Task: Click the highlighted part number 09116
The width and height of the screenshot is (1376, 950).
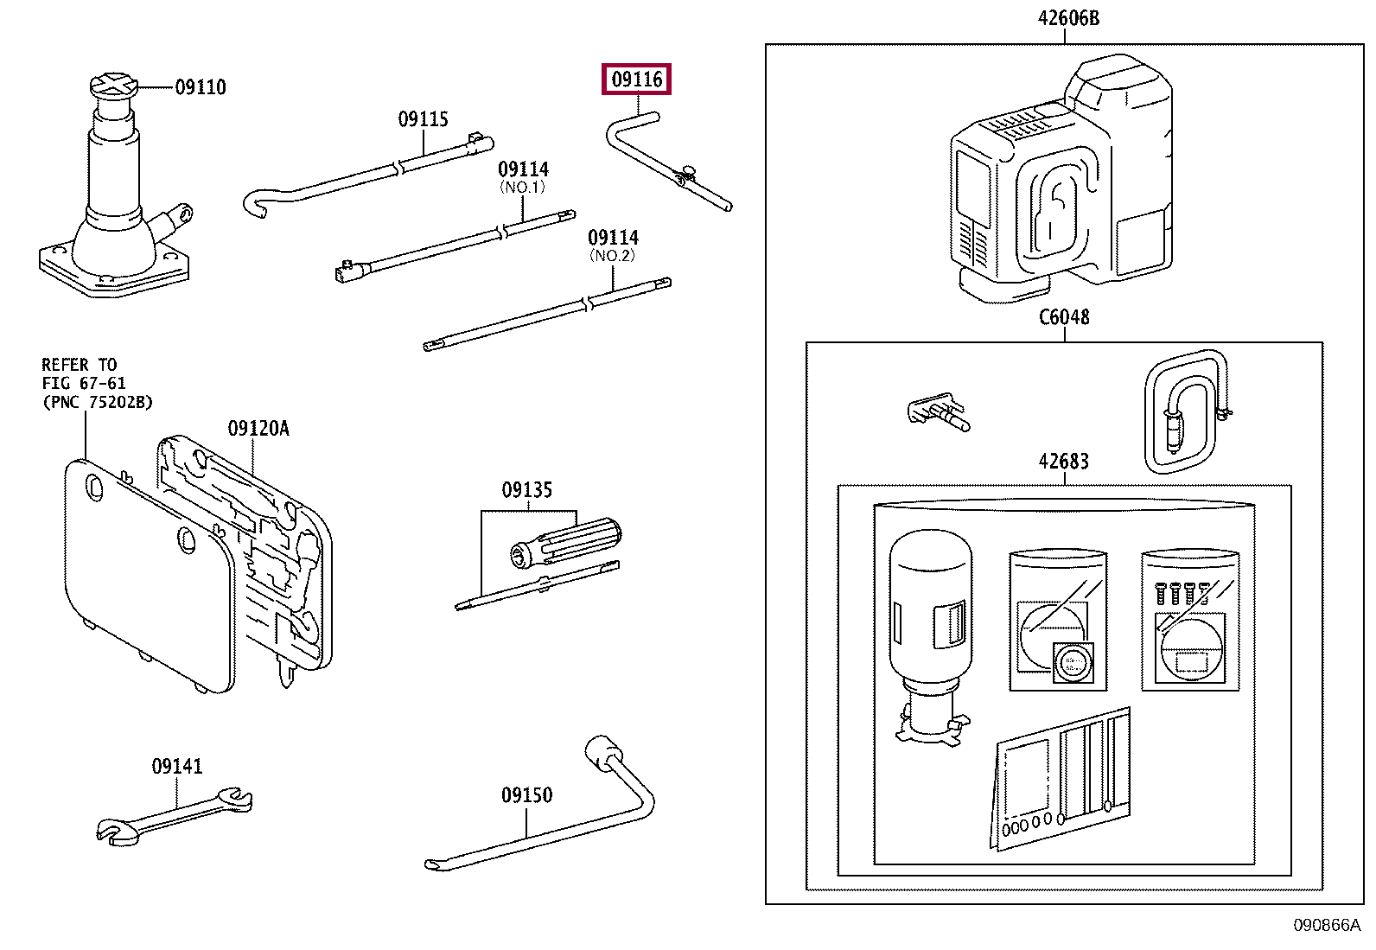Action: click(x=636, y=80)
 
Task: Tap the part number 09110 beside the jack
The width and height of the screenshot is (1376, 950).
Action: click(x=201, y=87)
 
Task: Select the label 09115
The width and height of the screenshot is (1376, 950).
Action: click(x=424, y=118)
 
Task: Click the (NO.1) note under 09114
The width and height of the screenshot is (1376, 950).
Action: click(x=522, y=187)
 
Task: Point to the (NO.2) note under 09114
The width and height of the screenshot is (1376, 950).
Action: click(x=612, y=255)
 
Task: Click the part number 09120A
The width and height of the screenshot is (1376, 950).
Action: click(x=258, y=428)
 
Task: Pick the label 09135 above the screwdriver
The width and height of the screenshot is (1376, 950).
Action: click(x=527, y=490)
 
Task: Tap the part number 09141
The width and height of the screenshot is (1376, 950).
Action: click(x=177, y=766)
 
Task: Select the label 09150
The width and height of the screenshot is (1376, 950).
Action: click(x=527, y=794)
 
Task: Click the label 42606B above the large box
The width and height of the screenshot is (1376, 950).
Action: click(x=1069, y=18)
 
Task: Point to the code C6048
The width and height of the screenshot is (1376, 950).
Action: click(x=1064, y=316)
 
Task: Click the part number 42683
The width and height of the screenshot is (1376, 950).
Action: click(x=1064, y=461)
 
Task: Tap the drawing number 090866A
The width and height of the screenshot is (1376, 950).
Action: click(x=1327, y=926)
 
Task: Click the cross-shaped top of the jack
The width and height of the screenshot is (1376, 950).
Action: click(x=113, y=86)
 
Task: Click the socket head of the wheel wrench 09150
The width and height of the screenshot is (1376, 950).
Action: click(x=603, y=752)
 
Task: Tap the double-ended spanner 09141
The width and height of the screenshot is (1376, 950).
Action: click(x=175, y=816)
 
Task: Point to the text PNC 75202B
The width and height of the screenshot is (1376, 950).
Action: click(x=98, y=402)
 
